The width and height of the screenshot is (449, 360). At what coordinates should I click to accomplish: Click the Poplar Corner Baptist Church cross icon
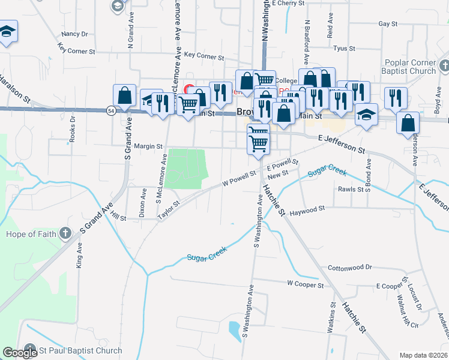(444, 65)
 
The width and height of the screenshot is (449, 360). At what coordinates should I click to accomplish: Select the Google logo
(19, 352)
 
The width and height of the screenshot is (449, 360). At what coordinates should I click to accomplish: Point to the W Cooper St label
(306, 283)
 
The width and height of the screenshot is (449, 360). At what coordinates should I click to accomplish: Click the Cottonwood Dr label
(350, 267)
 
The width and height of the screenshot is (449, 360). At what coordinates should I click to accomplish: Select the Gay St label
(388, 24)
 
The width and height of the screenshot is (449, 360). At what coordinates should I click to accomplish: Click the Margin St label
(148, 146)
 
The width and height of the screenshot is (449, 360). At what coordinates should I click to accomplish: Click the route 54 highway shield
(111, 111)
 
